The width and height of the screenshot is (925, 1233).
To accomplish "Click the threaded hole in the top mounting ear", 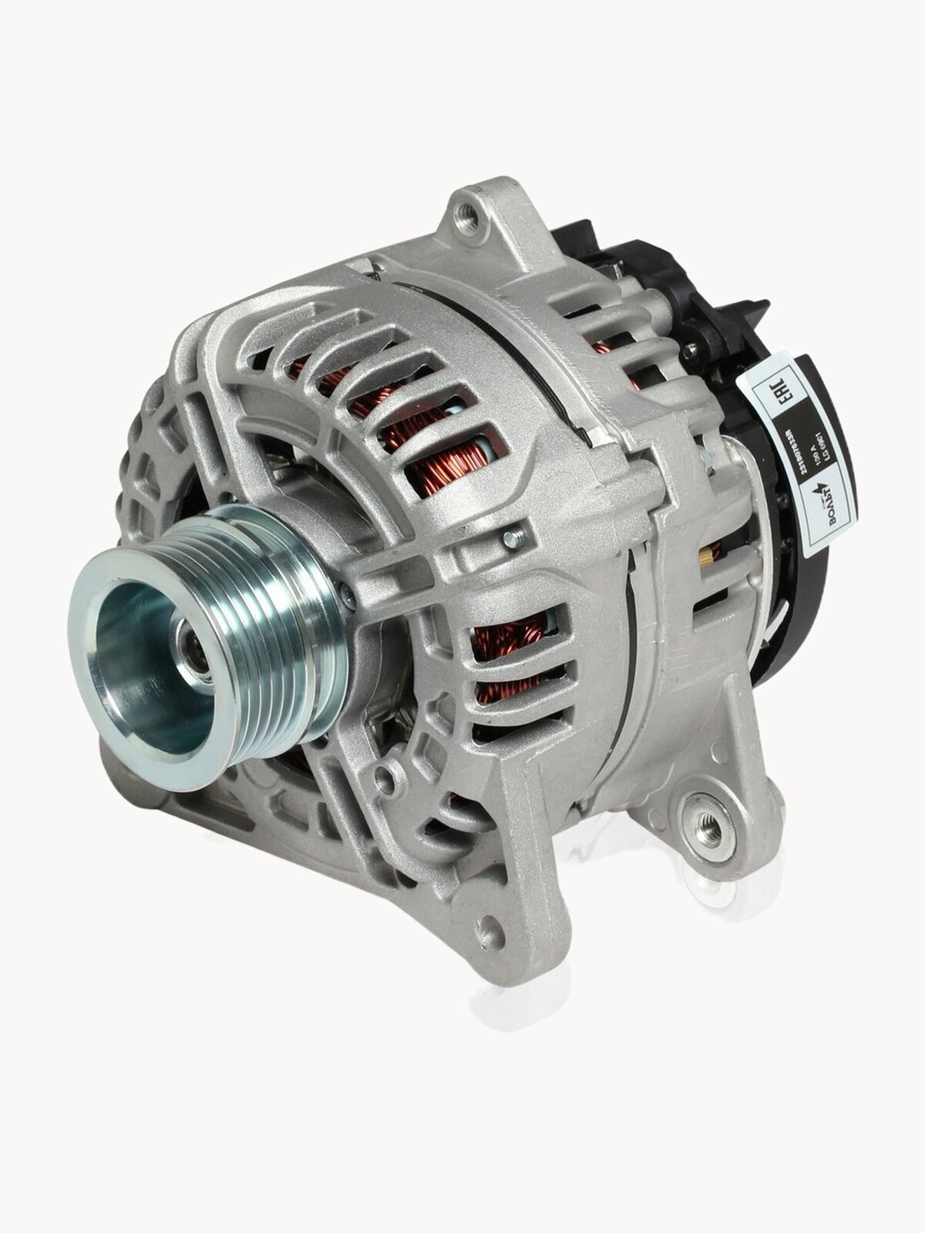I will click(470, 210).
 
